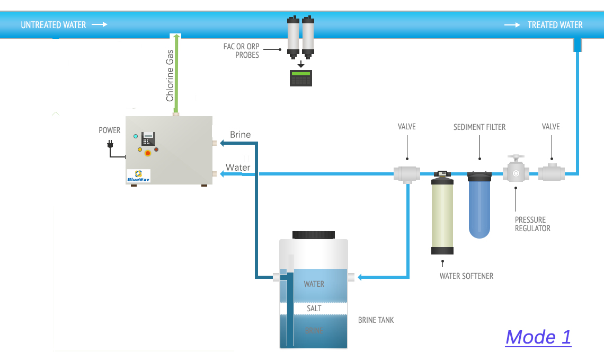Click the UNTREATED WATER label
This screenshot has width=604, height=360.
pyautogui.click(x=53, y=25)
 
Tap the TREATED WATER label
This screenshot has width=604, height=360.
pyautogui.click(x=555, y=25)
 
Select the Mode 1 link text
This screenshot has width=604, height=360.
pyautogui.click(x=538, y=337)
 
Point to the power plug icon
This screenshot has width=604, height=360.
pyautogui.click(x=110, y=143)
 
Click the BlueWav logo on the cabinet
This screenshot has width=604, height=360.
pyautogui.click(x=138, y=176)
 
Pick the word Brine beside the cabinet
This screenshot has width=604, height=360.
pyautogui.click(x=240, y=135)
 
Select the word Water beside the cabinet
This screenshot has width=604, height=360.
pyautogui.click(x=238, y=168)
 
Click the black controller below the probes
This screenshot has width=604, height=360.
pyautogui.click(x=300, y=78)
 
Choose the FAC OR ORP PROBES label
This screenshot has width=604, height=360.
pyautogui.click(x=241, y=51)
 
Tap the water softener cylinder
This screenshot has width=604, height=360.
pyautogui.click(x=442, y=215)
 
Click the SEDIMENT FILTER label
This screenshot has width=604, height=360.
pyautogui.click(x=479, y=127)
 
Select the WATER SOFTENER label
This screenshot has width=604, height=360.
pyautogui.click(x=466, y=276)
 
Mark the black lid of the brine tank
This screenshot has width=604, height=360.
pyautogui.click(x=314, y=234)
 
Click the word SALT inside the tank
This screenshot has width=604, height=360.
pyautogui.click(x=314, y=309)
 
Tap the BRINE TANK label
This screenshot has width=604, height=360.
pyautogui.click(x=376, y=320)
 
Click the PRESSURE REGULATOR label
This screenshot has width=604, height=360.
pyautogui.click(x=532, y=224)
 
